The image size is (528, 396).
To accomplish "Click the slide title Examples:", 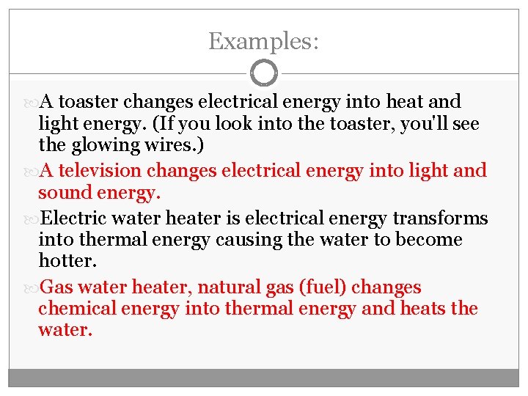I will [x=264, y=41].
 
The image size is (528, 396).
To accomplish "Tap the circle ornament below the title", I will [x=264, y=73].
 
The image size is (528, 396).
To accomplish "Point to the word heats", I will [x=423, y=309].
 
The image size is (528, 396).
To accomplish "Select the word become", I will [x=429, y=240].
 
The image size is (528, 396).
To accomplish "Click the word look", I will [x=220, y=124].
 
